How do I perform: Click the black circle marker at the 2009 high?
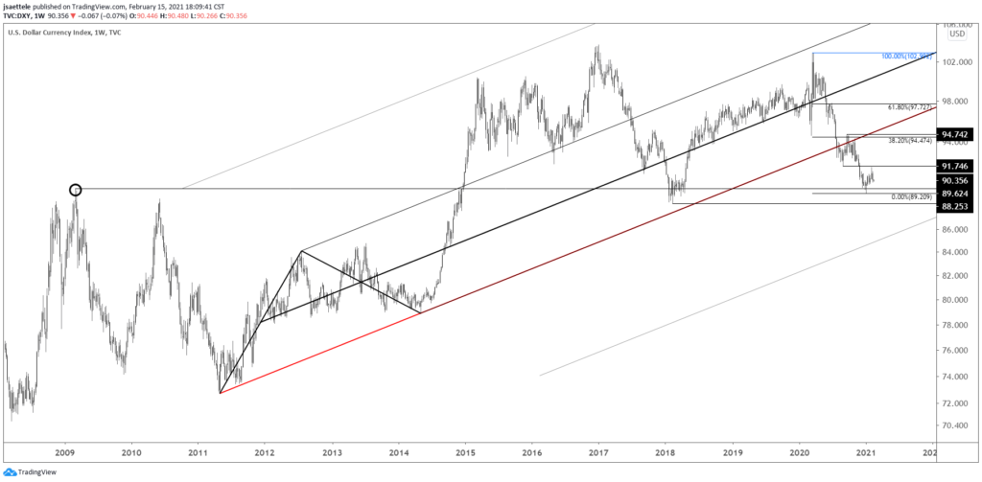coord(76,190)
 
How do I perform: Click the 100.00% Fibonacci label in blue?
coord(905,57)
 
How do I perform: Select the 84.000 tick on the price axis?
coord(954,252)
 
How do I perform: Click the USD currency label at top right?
coord(955,34)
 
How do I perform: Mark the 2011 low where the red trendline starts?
coord(220,393)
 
